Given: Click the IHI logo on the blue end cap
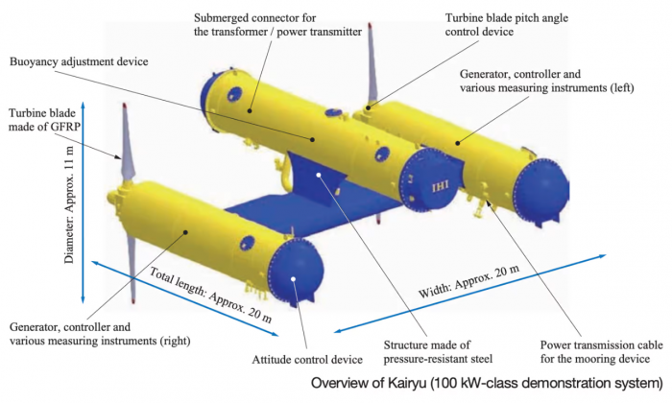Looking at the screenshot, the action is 441,186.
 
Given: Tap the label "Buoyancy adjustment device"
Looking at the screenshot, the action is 79,61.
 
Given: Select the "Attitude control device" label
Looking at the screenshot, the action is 307,359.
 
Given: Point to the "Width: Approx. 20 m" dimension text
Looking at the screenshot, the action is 468,281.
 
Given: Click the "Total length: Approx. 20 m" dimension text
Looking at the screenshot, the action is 210,295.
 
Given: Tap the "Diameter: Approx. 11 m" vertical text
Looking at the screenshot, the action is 69,204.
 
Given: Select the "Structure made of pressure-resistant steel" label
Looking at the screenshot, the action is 438,351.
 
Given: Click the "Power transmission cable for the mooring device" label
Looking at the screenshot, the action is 601,351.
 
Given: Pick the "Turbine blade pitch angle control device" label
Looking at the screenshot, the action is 507,25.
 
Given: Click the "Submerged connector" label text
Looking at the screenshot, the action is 255,18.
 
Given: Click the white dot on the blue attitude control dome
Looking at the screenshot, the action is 293,279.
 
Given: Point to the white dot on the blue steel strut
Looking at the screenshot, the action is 319,175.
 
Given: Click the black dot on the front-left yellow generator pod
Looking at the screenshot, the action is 185,232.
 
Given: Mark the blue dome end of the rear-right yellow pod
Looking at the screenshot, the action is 542,191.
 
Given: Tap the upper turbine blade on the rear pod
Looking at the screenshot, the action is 372,64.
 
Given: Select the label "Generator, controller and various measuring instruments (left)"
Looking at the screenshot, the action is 546,81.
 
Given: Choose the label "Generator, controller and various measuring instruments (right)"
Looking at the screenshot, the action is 100,334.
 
